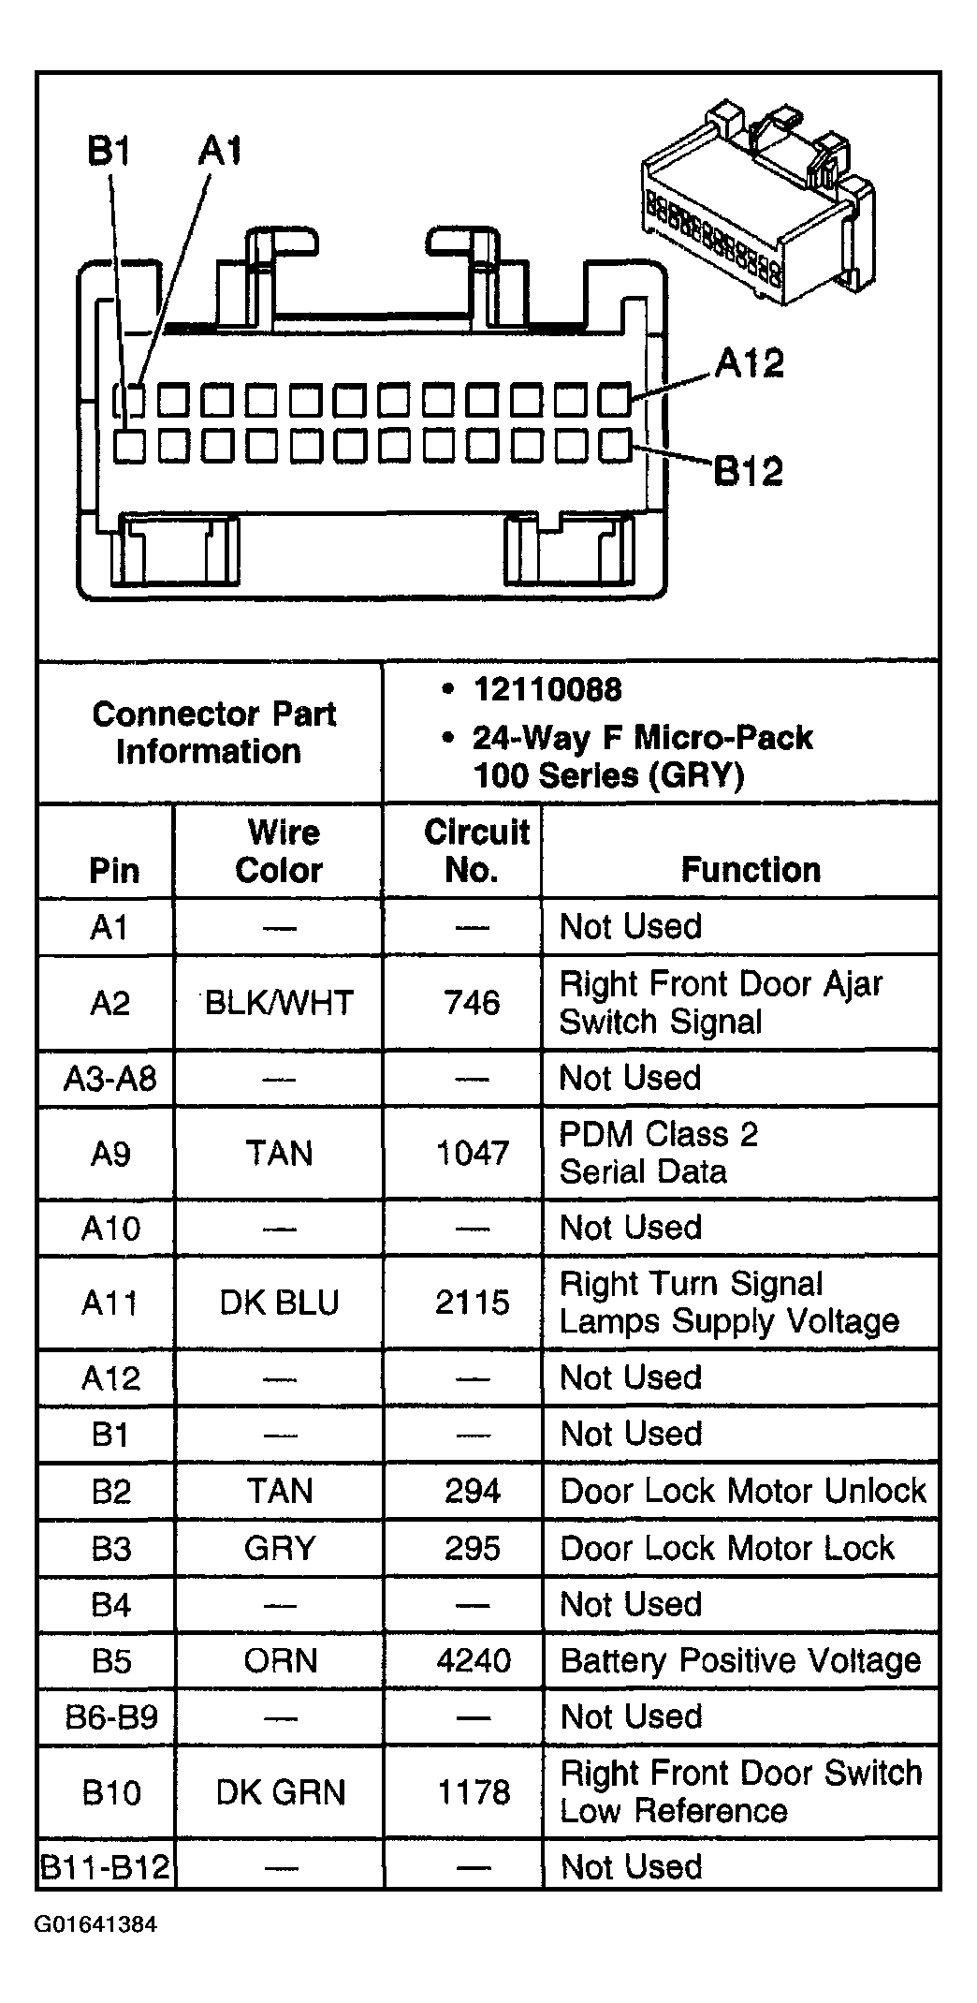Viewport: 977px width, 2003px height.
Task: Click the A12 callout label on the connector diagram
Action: [x=749, y=363]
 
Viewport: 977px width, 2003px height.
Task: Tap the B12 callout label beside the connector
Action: [x=748, y=471]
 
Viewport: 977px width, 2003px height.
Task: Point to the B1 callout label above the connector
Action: [x=109, y=151]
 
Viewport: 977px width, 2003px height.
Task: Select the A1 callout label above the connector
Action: [x=220, y=150]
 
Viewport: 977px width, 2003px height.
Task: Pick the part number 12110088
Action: [x=547, y=690]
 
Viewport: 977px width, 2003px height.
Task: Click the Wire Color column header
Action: [x=279, y=851]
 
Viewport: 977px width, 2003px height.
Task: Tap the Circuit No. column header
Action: [x=475, y=851]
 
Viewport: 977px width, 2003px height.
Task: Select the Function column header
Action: [x=751, y=870]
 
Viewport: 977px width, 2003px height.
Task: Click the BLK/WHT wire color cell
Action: [x=279, y=1003]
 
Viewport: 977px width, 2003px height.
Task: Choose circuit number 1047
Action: [x=473, y=1153]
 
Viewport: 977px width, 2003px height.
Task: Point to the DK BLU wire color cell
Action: [x=279, y=1303]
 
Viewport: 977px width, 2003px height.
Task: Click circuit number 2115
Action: [x=473, y=1303]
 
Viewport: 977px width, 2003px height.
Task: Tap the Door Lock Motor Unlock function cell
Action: [x=743, y=1491]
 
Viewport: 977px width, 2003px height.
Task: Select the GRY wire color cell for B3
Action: [x=279, y=1548]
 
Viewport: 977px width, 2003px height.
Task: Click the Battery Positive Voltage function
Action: [x=740, y=1660]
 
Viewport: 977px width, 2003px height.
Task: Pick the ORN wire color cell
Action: [x=280, y=1660]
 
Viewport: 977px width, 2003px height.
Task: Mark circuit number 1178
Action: [x=474, y=1792]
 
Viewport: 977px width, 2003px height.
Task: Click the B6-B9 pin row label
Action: [x=111, y=1716]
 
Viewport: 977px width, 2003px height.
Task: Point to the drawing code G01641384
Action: [x=96, y=1924]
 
